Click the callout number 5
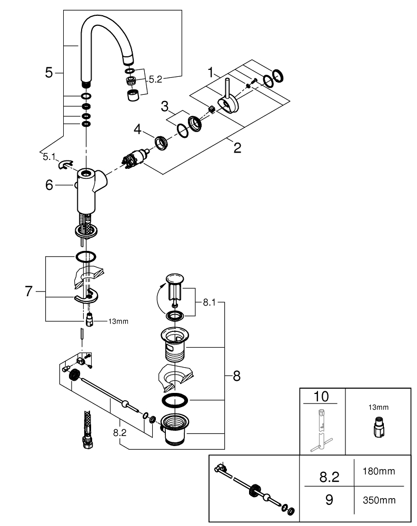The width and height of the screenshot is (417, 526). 49,73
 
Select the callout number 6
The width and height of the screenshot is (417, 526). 49,185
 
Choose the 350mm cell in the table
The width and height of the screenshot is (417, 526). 379,500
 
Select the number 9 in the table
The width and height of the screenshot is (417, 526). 329,500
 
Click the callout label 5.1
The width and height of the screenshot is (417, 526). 49,156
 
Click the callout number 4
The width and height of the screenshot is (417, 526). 137,128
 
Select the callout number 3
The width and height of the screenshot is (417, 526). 165,107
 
